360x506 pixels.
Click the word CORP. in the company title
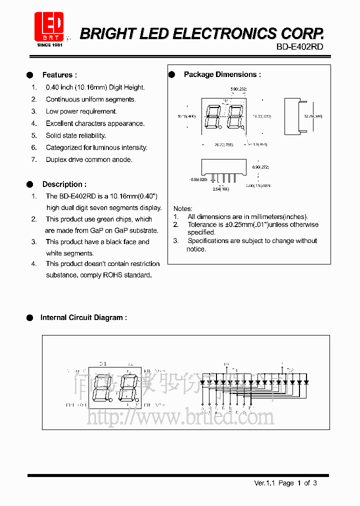(x=301, y=33)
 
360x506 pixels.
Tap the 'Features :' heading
(x=59, y=75)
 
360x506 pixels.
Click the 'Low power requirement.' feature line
(x=81, y=111)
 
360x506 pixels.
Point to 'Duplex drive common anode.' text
(x=89, y=159)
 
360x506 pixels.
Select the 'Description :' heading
(x=64, y=184)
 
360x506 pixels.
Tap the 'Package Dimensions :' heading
(x=222, y=74)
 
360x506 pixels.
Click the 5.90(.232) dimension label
(x=238, y=89)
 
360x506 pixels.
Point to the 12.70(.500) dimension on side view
(x=313, y=116)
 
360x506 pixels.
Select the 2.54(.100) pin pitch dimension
(x=221, y=189)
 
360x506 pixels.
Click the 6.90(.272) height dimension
(x=260, y=167)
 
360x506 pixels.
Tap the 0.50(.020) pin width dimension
(x=198, y=179)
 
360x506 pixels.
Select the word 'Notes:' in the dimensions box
(x=183, y=208)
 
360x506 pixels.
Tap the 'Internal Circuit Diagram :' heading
(x=83, y=317)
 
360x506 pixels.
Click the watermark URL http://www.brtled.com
(x=180, y=416)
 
